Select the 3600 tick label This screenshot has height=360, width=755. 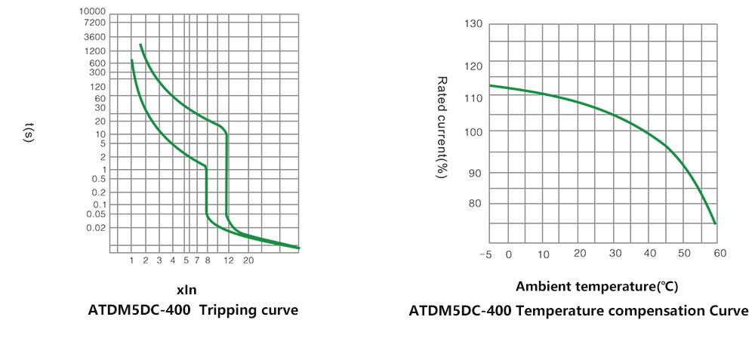tap(95, 37)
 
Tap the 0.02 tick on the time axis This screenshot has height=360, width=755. tap(97, 228)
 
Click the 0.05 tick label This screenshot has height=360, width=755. tap(97, 214)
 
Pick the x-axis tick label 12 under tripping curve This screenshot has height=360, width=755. tap(229, 260)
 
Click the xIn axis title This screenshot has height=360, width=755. tap(186, 289)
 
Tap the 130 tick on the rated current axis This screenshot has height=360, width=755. tap(473, 24)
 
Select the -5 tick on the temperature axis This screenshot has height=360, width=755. tap(485, 254)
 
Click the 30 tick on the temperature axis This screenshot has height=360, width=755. tap(615, 254)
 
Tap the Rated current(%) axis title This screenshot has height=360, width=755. tap(442, 127)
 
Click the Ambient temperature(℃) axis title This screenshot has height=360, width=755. tap(596, 287)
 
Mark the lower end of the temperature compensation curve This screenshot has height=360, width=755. tap(714, 223)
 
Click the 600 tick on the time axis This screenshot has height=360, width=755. tap(97, 63)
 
